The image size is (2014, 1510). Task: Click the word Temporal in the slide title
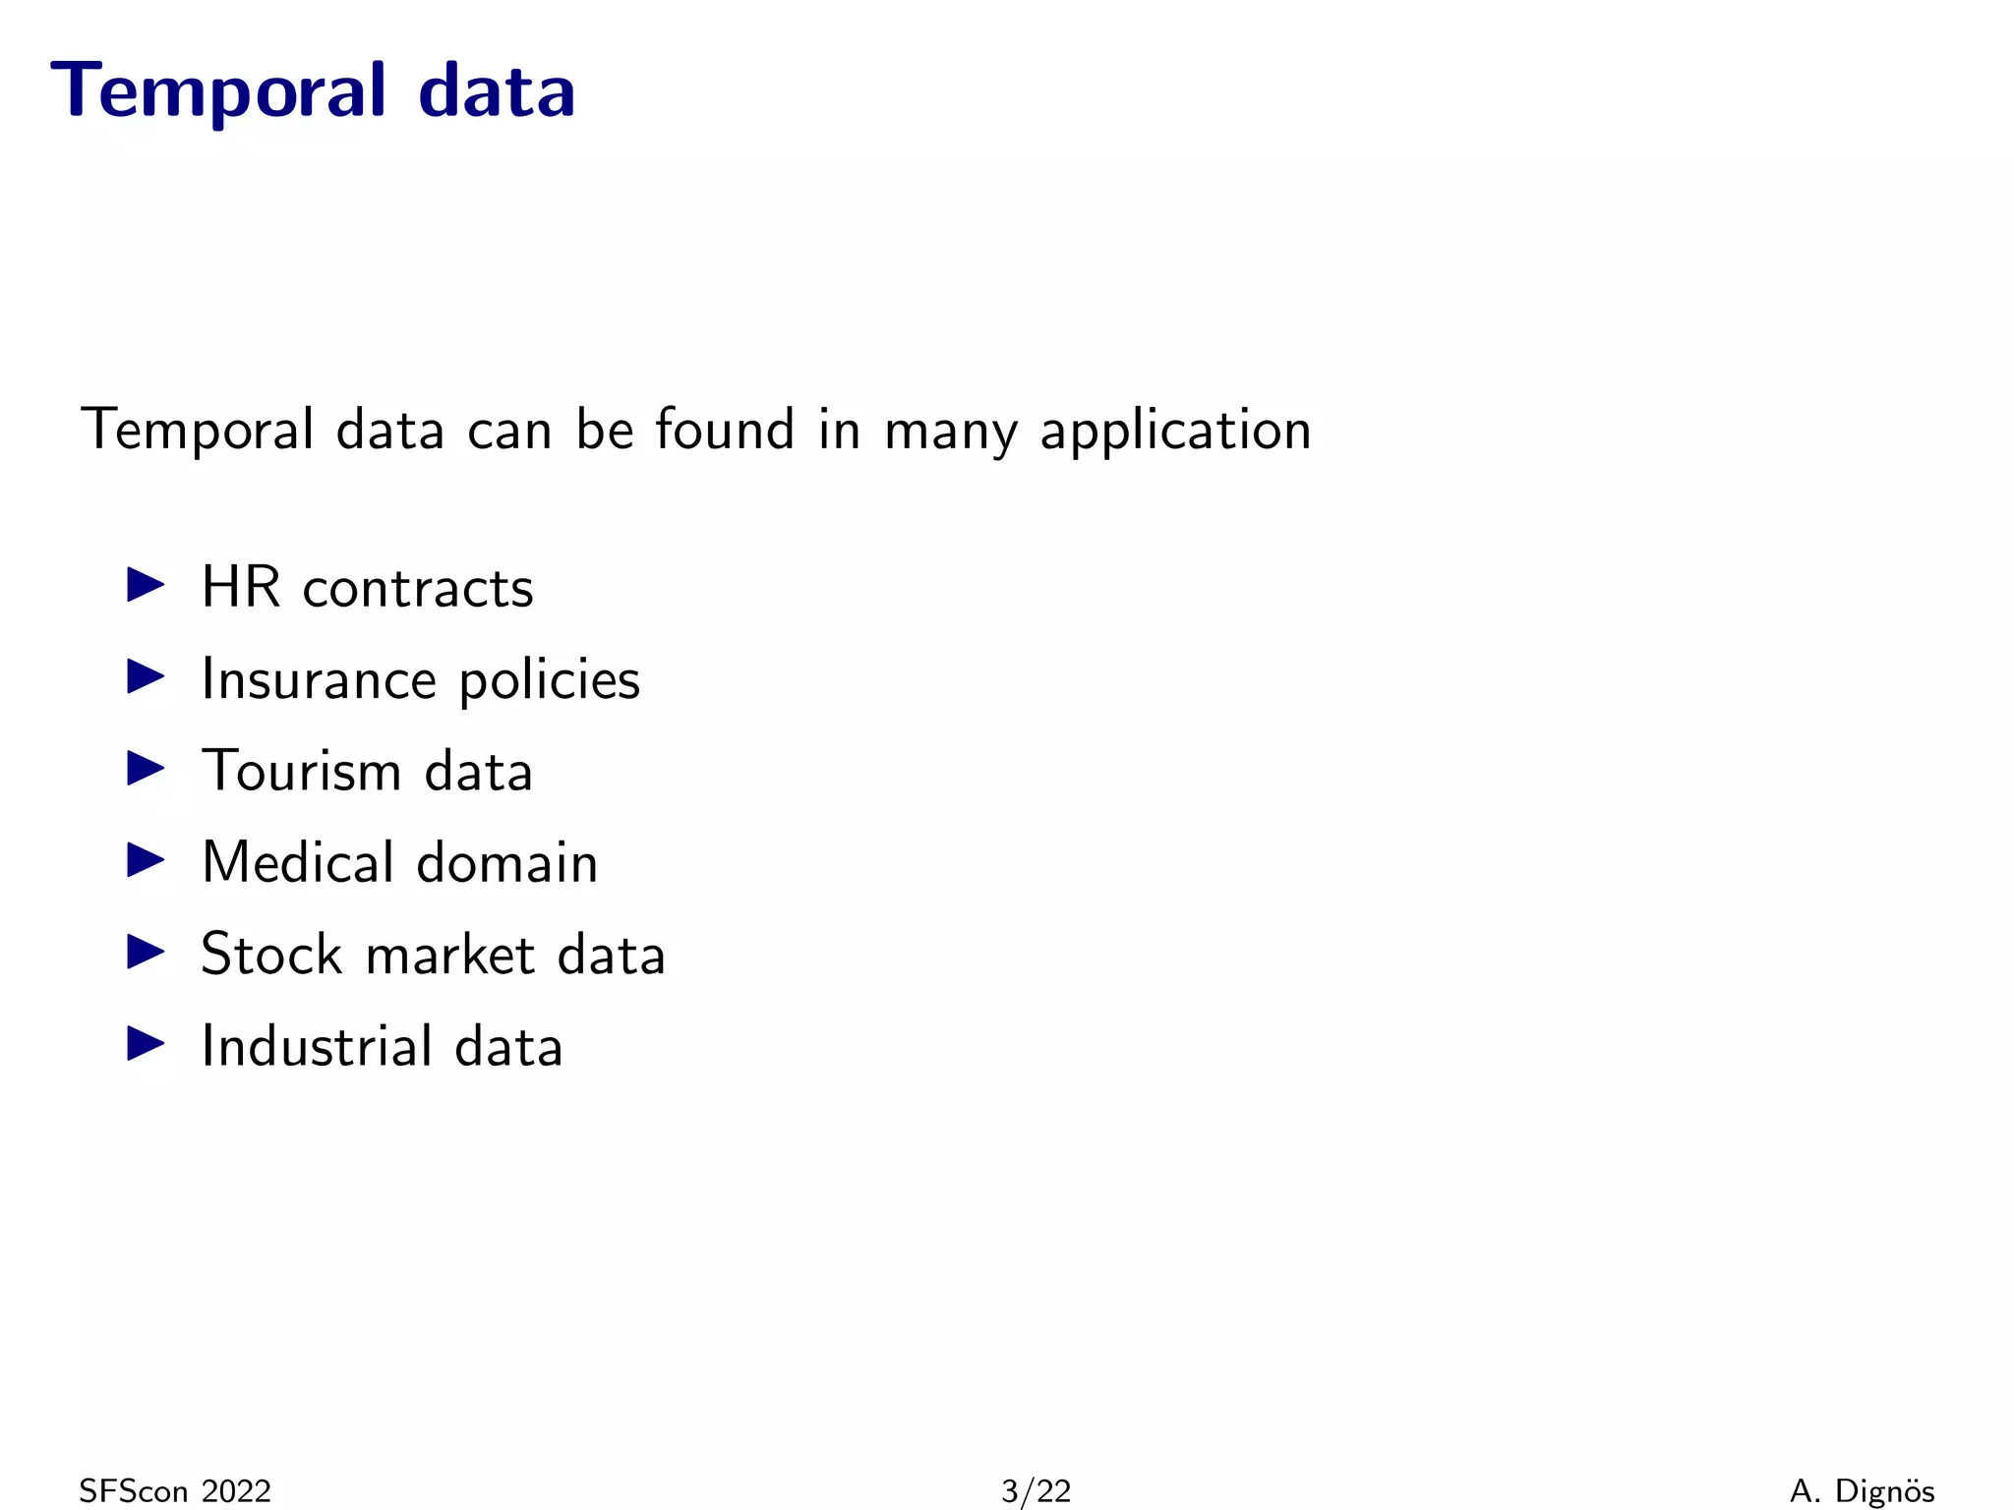(218, 91)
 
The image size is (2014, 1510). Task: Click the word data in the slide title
(497, 91)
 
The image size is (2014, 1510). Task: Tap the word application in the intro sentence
(1175, 432)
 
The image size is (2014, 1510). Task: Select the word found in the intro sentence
(725, 430)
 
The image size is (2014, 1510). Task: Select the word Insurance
(319, 679)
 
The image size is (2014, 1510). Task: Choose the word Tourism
(301, 771)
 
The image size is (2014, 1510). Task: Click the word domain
(506, 862)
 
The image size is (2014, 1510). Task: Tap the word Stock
(271, 954)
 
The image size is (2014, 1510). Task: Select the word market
(449, 955)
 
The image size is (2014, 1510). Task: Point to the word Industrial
(316, 1045)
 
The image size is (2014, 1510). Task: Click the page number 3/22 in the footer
(1036, 1491)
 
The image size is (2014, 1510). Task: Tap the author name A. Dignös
(1862, 1491)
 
